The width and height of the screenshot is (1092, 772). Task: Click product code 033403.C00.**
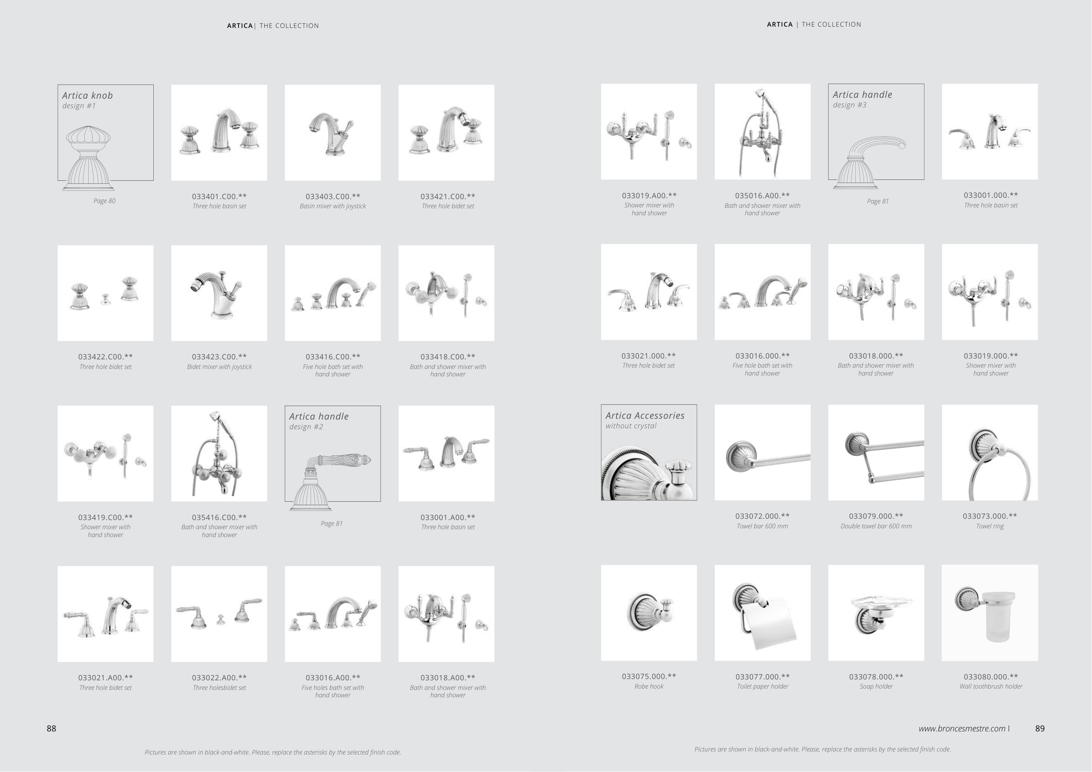(x=333, y=196)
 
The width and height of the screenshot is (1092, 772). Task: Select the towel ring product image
(x=990, y=452)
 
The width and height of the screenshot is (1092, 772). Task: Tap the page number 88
(x=52, y=728)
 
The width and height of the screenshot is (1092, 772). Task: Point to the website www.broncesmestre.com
(x=962, y=728)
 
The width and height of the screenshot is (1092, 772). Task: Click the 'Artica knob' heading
(x=87, y=96)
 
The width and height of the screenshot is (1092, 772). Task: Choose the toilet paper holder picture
(x=762, y=613)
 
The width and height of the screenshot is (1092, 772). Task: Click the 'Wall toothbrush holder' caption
(x=991, y=686)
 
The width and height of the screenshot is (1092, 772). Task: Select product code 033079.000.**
(x=876, y=516)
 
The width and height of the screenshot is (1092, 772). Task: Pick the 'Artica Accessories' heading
(x=645, y=415)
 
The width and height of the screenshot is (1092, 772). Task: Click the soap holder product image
(x=876, y=613)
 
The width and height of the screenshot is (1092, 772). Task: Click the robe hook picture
(x=649, y=613)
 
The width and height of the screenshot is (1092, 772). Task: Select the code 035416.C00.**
(x=219, y=517)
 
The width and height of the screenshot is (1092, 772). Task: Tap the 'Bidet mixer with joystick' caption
(x=219, y=367)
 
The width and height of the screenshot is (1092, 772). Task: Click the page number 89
(x=1040, y=728)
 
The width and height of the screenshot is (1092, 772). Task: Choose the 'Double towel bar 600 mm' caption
(x=876, y=526)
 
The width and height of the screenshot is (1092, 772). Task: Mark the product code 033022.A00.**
(x=219, y=677)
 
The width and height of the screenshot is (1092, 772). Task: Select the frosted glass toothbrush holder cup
(x=999, y=617)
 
